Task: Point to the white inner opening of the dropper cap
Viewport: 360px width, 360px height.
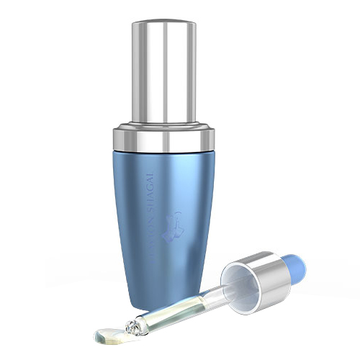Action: (238, 276)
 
